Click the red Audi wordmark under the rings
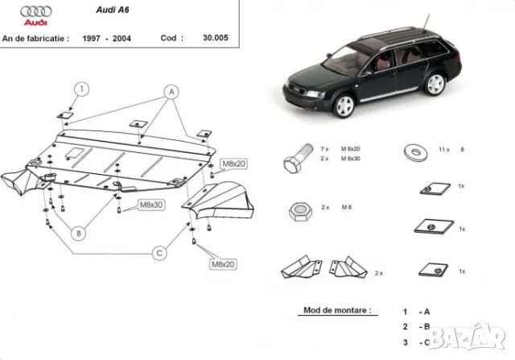pos(25,25)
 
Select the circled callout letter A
pos(170,92)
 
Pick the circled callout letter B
pos(79,234)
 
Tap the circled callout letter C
pos(159,253)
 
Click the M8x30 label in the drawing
pos(150,205)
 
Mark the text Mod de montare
pos(337,309)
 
